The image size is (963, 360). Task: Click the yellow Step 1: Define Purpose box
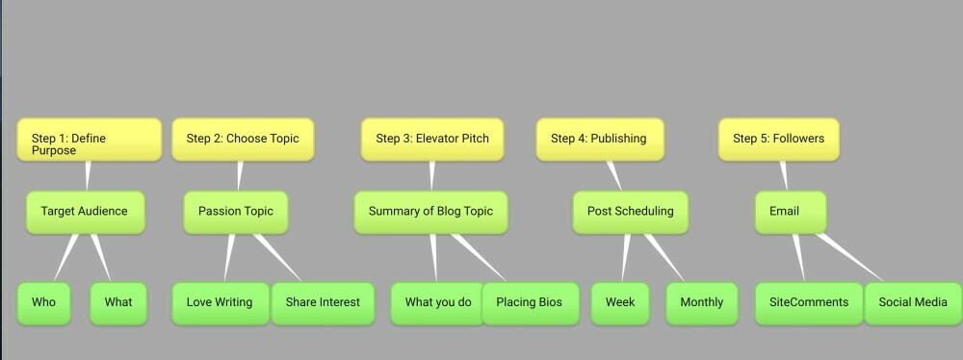click(x=89, y=140)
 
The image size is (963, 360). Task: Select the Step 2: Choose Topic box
click(x=243, y=140)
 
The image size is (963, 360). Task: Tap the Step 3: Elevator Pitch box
click(x=432, y=140)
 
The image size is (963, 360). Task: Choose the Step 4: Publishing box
click(x=600, y=140)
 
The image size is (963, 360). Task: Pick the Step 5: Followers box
click(x=779, y=140)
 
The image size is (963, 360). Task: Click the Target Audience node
click(x=86, y=212)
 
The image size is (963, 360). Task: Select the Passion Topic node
click(x=236, y=212)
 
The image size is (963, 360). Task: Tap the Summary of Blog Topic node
click(x=430, y=212)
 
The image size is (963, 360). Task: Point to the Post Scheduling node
click(x=630, y=212)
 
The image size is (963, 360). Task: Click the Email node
click(x=791, y=212)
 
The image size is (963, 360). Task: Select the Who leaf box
click(x=43, y=303)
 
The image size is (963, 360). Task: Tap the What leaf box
click(x=118, y=303)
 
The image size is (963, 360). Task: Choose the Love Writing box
click(x=221, y=303)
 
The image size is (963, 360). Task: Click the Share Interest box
click(x=323, y=303)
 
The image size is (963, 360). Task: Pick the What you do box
click(x=438, y=303)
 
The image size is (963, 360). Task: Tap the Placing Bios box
click(x=530, y=303)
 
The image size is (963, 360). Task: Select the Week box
click(x=619, y=303)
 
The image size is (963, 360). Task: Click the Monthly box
click(x=701, y=303)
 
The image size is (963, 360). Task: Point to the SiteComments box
click(x=809, y=303)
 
